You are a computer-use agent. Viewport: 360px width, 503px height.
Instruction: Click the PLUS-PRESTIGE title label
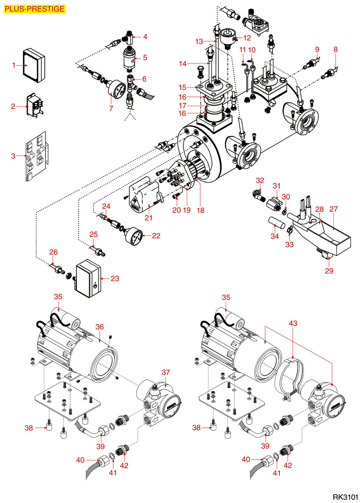tap(34, 9)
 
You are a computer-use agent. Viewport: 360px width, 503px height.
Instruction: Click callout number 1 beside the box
tap(14, 65)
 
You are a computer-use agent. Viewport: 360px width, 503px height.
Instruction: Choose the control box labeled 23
tap(88, 279)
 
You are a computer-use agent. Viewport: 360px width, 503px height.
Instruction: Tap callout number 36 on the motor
tap(99, 327)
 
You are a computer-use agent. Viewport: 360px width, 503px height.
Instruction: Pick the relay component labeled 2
tap(32, 106)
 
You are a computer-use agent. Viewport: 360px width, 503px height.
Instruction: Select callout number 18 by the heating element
tap(201, 211)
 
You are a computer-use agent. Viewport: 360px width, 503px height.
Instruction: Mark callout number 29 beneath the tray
tap(330, 270)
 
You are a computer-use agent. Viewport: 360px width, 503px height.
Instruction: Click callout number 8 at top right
tap(336, 49)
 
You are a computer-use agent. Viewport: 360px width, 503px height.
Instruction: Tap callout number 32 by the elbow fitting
tap(260, 180)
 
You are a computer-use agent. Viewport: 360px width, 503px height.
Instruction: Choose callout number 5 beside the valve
tap(145, 58)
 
